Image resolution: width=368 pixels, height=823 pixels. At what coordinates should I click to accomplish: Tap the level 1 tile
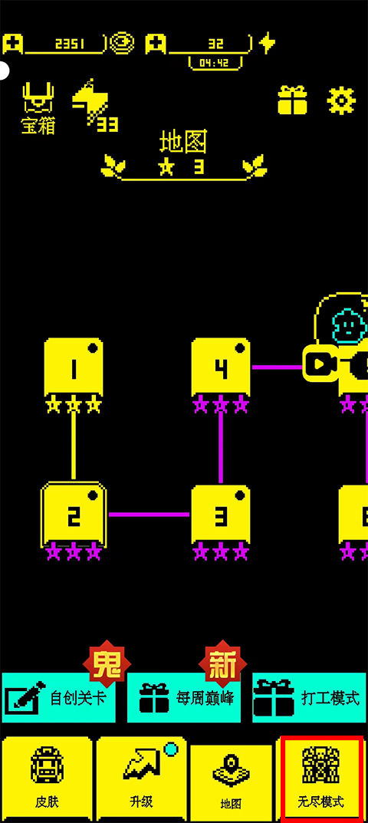[x=74, y=367]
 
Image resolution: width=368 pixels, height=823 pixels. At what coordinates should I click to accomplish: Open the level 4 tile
[x=221, y=367]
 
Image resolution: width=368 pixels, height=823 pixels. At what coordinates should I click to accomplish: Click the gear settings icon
[x=341, y=100]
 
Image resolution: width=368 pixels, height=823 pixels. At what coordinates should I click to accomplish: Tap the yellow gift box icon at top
[x=292, y=100]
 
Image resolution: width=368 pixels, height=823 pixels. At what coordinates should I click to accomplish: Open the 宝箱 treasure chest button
[x=38, y=108]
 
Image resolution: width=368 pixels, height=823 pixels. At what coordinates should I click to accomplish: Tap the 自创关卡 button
[x=58, y=697]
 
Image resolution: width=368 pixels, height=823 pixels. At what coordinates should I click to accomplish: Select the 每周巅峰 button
[x=184, y=697]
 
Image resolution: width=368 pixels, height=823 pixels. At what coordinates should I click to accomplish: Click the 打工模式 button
[x=309, y=697]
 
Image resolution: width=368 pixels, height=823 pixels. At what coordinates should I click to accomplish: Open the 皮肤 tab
[x=47, y=779]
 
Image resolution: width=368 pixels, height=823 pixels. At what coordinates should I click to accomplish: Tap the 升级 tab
[x=141, y=779]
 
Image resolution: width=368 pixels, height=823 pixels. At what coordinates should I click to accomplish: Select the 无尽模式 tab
[x=320, y=779]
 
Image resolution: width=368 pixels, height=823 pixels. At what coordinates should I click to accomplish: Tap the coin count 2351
[x=70, y=44]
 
